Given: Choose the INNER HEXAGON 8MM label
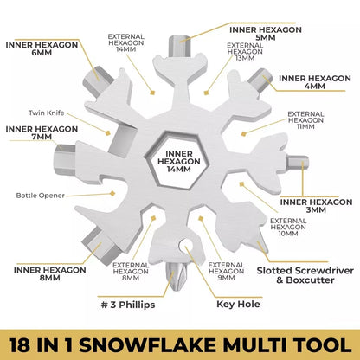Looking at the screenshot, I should tap(47, 273).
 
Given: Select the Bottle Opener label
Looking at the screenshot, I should tap(42, 195).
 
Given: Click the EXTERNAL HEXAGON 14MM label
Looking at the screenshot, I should tap(126, 44).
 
